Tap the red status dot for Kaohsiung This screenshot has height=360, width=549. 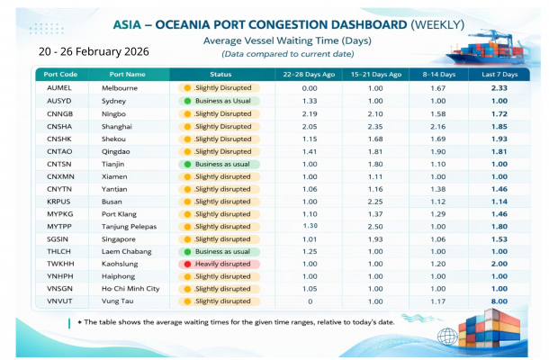[187, 264]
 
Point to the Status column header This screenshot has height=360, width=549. [221, 73]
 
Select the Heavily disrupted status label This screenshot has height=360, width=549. [223, 264]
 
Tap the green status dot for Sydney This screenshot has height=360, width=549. [187, 101]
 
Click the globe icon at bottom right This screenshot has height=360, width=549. [449, 336]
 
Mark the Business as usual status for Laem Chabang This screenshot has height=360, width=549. [223, 252]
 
